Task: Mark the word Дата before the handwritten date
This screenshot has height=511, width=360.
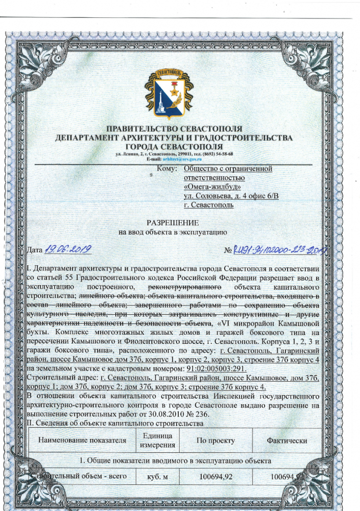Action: point(34,250)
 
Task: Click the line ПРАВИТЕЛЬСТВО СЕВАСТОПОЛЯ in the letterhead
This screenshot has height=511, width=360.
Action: point(174,129)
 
